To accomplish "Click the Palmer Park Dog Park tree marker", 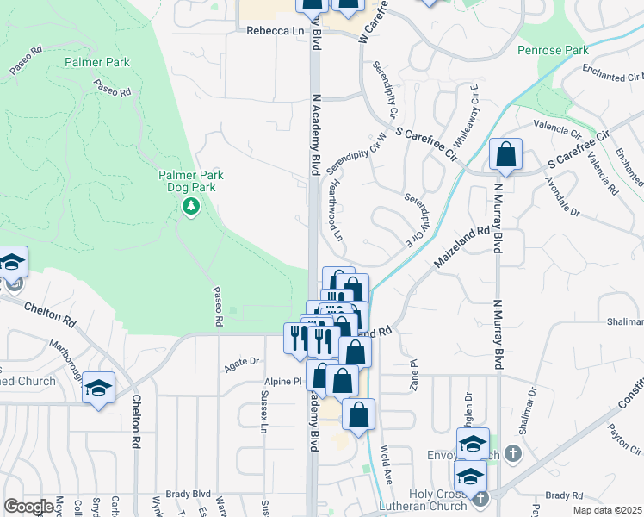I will tap(190, 206).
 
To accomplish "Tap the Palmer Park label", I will tap(97, 62).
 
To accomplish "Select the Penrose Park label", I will tap(553, 51).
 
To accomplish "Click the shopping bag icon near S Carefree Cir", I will tap(506, 156).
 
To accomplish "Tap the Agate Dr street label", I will tap(242, 362).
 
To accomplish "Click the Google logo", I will tap(28, 507).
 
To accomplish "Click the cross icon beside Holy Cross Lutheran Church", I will tap(480, 497).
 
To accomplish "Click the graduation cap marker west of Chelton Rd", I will tap(99, 388).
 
